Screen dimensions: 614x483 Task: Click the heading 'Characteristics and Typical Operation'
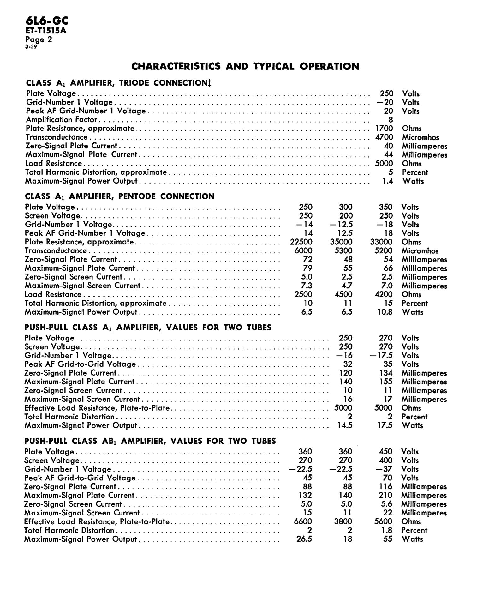tap(245, 66)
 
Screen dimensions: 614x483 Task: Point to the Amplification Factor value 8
tap(391, 120)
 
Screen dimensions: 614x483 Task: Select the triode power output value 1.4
tap(387, 181)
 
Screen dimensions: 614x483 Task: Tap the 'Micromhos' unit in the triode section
tap(420, 137)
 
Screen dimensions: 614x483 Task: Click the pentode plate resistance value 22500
tap(301, 242)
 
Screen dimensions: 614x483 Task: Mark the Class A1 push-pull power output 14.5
tap(345, 425)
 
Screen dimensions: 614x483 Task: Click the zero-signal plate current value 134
tap(386, 373)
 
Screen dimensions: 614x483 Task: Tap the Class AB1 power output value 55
tap(388, 539)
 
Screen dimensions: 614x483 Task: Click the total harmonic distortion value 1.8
tap(387, 530)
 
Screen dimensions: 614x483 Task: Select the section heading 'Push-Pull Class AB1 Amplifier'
tap(150, 441)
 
